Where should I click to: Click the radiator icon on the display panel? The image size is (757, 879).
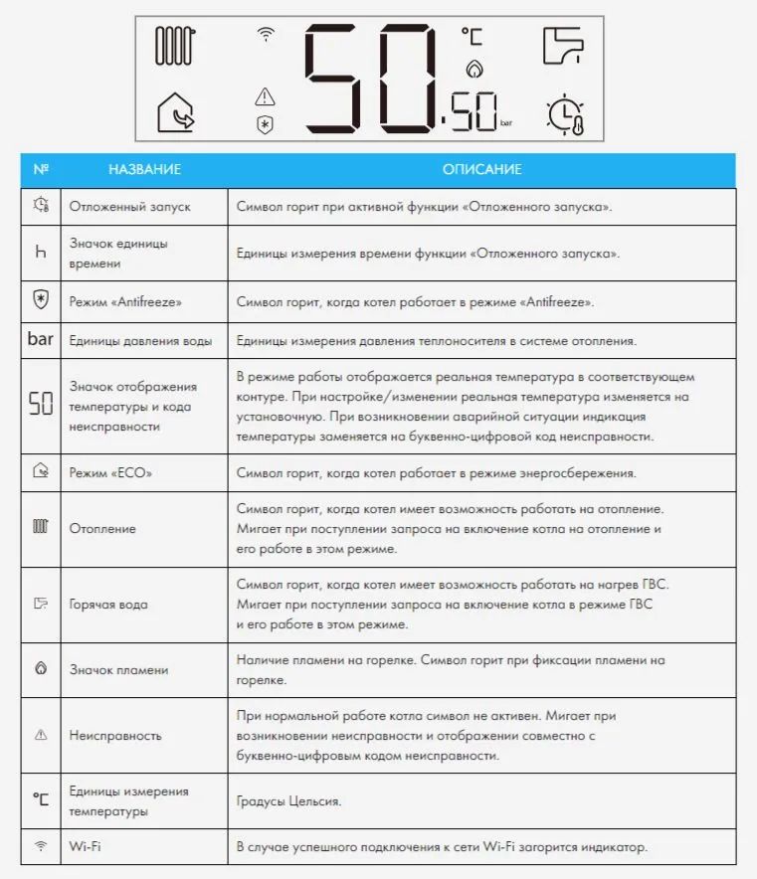coord(177,46)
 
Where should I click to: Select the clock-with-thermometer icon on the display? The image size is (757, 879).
coord(564,114)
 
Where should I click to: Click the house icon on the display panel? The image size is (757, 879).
coord(177,112)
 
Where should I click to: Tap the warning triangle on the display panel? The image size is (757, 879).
coord(265,96)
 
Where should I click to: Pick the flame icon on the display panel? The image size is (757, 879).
coord(473,70)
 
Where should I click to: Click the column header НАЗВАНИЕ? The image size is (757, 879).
coord(144,170)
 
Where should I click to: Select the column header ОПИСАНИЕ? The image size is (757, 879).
coord(481,170)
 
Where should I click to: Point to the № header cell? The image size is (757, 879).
coord(41,170)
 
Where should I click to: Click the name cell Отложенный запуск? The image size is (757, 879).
coord(129,207)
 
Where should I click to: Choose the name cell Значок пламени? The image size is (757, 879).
coord(118,670)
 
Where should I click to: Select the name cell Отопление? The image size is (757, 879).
coord(102,529)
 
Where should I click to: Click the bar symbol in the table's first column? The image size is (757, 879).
coord(41,340)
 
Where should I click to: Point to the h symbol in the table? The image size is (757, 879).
coord(41,254)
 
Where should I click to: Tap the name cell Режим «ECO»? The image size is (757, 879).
coord(111,473)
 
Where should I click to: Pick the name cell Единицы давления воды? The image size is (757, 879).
coord(140,341)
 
